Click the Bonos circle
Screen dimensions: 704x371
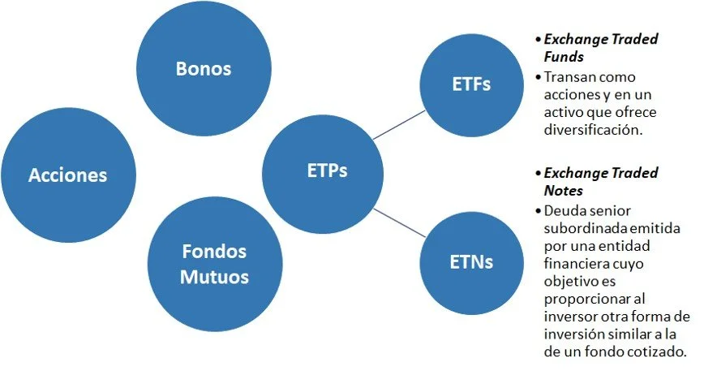click(x=204, y=69)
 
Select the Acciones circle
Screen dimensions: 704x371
click(x=67, y=175)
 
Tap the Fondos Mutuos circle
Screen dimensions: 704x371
click(x=214, y=263)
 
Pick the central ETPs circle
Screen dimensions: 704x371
click(x=328, y=172)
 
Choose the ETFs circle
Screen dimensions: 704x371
click(x=470, y=84)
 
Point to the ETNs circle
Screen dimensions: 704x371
click(x=470, y=261)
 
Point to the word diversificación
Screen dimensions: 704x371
click(x=594, y=130)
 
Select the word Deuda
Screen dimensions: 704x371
click(x=563, y=209)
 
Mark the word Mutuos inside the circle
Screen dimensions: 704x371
click(x=214, y=277)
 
